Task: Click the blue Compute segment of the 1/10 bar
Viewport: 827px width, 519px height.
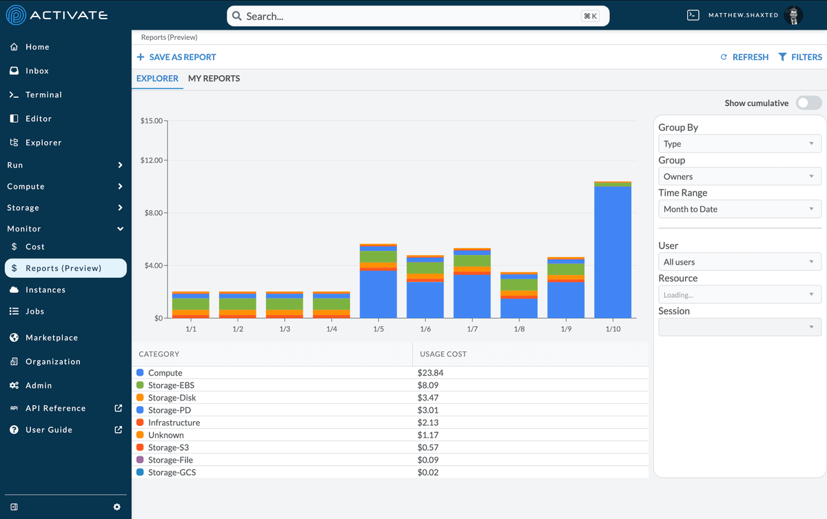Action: tap(612, 252)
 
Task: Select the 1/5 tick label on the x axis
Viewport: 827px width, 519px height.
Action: tap(378, 329)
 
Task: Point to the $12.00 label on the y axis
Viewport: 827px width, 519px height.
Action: tap(151, 161)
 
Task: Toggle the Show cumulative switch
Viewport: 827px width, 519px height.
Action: tap(808, 103)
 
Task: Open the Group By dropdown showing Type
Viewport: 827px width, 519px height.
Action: tap(739, 144)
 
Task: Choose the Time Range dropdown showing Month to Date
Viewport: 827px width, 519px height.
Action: tap(739, 210)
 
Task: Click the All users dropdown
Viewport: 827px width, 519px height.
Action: tap(739, 263)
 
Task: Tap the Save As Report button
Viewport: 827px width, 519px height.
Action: tap(176, 57)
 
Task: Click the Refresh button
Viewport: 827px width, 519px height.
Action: tap(744, 57)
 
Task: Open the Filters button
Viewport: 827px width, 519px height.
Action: tap(800, 57)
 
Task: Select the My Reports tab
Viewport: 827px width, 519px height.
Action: tap(214, 79)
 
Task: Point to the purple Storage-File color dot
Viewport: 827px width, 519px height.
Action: tap(140, 460)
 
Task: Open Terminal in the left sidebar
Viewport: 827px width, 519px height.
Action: tap(43, 95)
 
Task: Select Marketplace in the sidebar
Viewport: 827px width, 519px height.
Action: tap(52, 338)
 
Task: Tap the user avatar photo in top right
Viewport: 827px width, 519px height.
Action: tap(793, 16)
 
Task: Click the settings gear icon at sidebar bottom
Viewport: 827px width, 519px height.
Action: tap(116, 507)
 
